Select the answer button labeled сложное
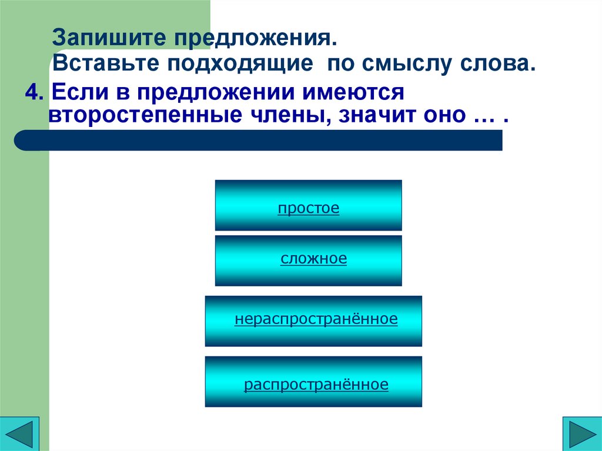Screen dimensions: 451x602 tap(309, 260)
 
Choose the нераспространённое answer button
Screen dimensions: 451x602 tap(313, 321)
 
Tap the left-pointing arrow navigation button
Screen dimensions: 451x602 tap(20, 433)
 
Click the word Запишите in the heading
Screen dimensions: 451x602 tap(109, 39)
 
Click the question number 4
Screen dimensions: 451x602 tap(31, 92)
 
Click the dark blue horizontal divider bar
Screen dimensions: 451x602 tap(259, 141)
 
